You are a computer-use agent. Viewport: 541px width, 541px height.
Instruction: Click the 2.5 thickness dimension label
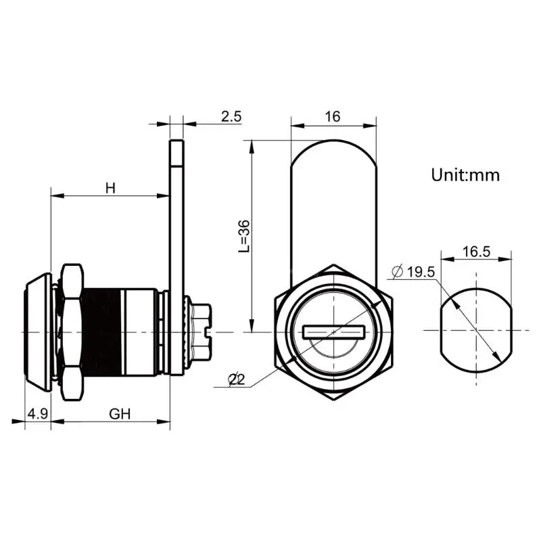231,116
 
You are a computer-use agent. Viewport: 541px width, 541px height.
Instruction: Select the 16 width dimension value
333,116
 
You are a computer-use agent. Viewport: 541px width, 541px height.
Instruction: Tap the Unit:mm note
465,175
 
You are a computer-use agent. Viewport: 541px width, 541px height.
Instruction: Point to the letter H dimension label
110,189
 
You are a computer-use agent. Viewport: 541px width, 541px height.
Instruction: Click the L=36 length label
244,236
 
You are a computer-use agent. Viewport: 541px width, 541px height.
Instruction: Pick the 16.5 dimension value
476,252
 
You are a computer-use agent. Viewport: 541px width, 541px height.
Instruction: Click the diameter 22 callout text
237,380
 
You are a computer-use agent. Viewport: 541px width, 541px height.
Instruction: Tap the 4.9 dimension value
38,413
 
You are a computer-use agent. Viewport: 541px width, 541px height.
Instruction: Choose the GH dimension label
120,414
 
